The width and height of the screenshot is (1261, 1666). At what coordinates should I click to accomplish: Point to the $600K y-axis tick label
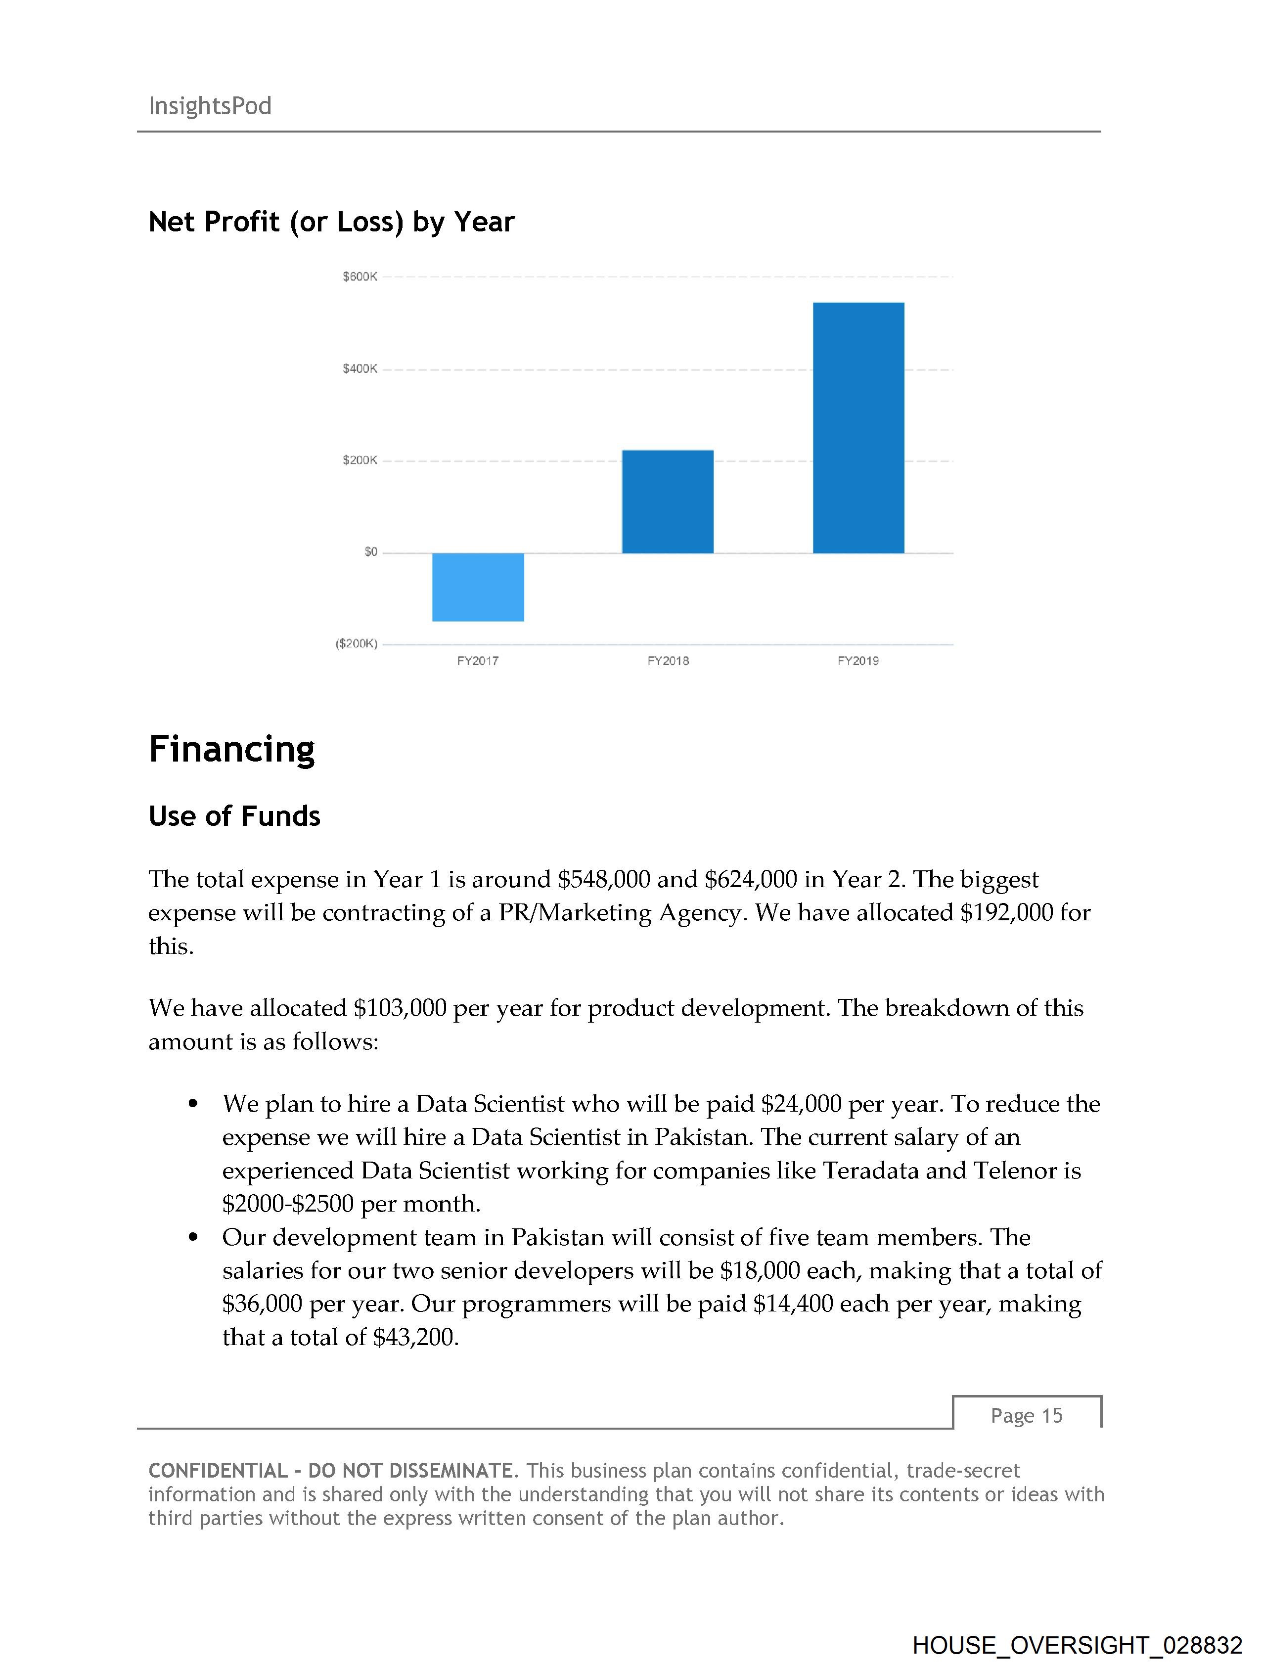[360, 277]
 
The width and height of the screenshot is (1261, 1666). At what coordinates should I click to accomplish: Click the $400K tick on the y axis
[360, 369]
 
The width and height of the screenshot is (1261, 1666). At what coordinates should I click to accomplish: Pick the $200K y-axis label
[360, 460]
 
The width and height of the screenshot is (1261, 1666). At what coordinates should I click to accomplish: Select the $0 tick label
[370, 552]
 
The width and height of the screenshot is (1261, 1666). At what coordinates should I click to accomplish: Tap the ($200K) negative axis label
[357, 644]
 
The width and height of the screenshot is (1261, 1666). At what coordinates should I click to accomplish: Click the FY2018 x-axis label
[668, 661]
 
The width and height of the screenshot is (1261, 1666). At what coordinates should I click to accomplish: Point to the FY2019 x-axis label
[858, 661]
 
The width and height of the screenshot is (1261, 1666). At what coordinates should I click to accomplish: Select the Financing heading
[231, 749]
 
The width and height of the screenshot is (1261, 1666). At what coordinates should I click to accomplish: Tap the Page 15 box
[1026, 1416]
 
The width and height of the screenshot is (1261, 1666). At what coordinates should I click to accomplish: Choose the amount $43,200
[415, 1338]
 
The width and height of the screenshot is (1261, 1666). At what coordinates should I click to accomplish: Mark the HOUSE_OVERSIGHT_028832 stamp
[1077, 1645]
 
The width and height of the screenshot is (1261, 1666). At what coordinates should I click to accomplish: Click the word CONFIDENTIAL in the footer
[218, 1471]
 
